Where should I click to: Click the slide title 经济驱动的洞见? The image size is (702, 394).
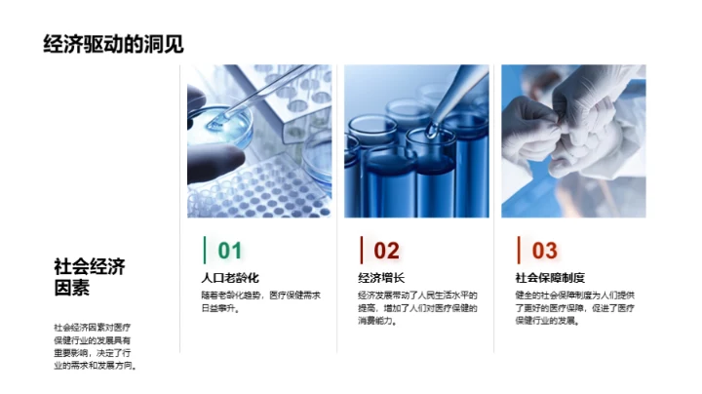coord(114,44)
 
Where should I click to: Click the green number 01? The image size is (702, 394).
coord(230,251)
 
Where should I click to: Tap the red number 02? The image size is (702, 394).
coord(387,251)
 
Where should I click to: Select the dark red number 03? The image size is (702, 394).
coord(544,251)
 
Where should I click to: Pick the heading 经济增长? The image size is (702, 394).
coord(381,278)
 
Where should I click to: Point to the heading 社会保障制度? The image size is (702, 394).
coord(550,278)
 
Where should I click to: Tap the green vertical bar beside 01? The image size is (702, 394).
coord(204,251)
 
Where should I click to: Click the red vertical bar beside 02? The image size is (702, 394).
coord(361,251)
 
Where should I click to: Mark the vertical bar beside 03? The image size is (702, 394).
coord(518,251)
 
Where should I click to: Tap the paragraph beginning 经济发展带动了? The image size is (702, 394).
coord(417,307)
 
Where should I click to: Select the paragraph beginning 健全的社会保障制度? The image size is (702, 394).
coord(574,307)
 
